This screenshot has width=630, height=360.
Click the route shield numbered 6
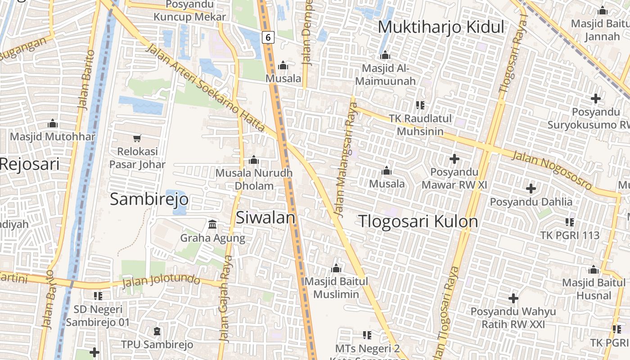tap(268, 37)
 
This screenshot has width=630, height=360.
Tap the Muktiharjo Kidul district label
tap(441, 27)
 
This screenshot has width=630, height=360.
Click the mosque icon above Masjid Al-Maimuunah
tap(385, 55)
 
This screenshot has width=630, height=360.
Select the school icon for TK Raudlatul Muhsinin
tap(420, 105)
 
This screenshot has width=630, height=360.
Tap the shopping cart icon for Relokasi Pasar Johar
tap(137, 138)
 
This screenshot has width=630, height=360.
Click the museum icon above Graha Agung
tap(212, 224)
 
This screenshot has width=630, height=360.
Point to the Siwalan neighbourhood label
tap(265, 217)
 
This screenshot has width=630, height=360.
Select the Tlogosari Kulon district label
tap(418, 221)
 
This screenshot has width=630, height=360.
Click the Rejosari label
tap(30, 164)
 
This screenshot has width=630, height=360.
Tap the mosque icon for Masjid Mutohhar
tap(53, 123)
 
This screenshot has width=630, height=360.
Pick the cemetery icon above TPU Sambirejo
tap(157, 332)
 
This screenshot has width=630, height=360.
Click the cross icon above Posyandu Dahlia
tap(531, 188)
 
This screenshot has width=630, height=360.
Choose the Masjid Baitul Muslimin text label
tap(336, 288)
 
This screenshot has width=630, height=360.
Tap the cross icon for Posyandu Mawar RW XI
tap(454, 158)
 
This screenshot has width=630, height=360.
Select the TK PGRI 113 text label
tap(570, 235)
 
